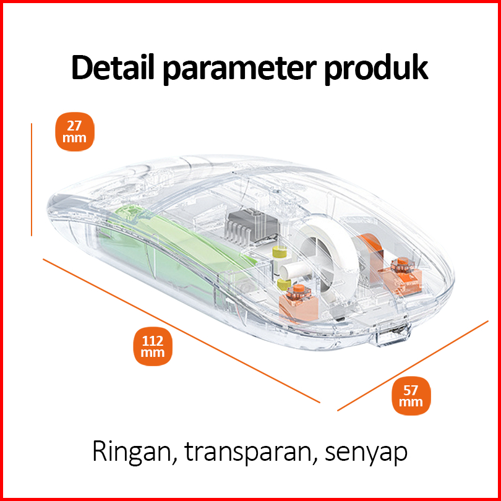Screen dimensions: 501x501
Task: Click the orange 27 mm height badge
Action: point(75,131)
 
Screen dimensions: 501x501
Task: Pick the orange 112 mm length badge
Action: point(152,346)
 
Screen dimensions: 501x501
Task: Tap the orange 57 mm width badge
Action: point(411,395)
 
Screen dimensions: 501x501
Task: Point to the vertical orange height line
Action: point(31,179)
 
